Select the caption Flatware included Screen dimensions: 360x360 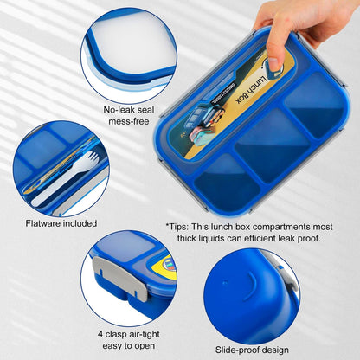coord(61,223)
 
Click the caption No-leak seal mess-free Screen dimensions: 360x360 coord(130,118)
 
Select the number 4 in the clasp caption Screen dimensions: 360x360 coord(101,332)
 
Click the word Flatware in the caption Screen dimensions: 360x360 coord(45,223)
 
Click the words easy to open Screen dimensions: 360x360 coord(130,344)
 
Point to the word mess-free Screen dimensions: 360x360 coord(130,124)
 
